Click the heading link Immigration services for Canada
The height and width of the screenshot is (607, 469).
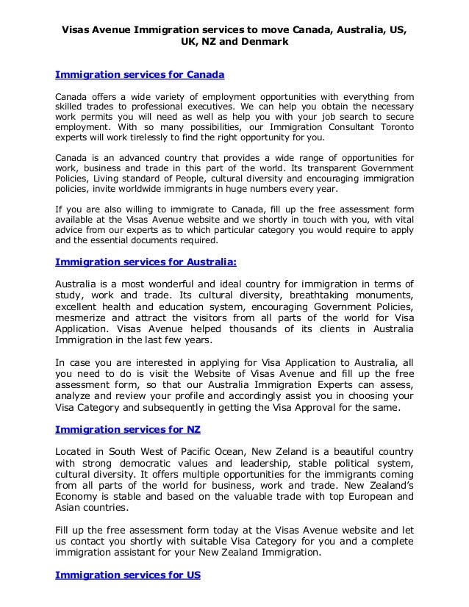tap(140, 75)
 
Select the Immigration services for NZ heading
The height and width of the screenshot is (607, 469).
tap(128, 428)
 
